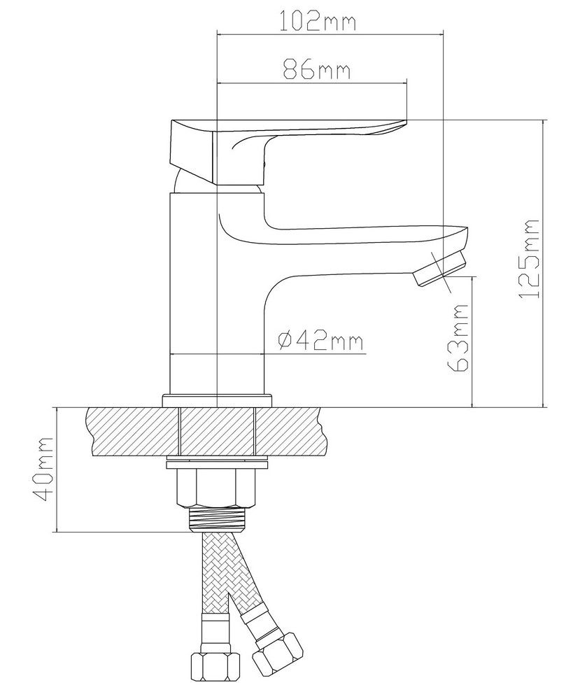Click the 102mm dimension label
(x=318, y=22)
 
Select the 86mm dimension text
(x=317, y=69)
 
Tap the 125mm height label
(x=529, y=259)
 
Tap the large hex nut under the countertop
(x=217, y=488)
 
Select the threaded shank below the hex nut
(x=217, y=520)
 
